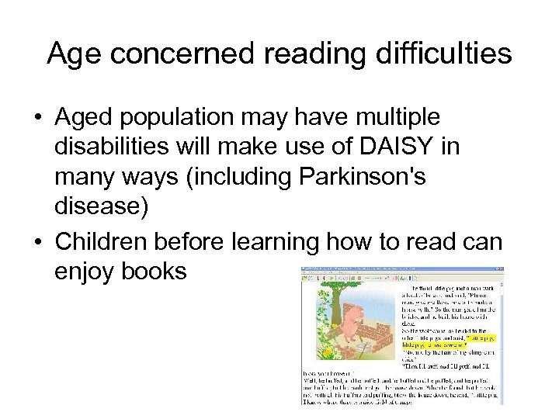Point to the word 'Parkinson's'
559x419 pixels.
click(x=362, y=177)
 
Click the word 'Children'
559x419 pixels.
click(x=102, y=242)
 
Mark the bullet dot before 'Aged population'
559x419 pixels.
click(x=37, y=118)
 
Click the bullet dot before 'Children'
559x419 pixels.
click(x=37, y=243)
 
